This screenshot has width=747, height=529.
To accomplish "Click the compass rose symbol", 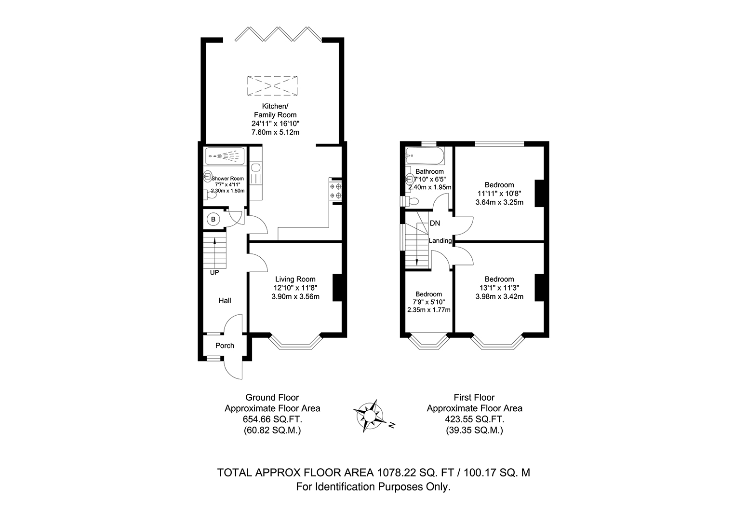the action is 369,416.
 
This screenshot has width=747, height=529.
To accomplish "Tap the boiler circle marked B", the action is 213,220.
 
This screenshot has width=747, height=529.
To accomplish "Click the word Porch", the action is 225,346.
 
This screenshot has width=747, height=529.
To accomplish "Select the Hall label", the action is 225,301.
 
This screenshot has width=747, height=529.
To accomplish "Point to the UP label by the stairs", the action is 214,273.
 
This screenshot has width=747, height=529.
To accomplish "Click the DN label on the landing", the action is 435,223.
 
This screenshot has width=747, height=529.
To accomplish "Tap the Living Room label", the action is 295,279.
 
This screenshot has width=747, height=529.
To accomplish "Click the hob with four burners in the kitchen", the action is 335,190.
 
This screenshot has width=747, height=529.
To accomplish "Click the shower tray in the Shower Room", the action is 225,156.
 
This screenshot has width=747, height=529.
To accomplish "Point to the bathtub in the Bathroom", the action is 425,156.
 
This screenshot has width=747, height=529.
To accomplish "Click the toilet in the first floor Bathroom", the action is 410,201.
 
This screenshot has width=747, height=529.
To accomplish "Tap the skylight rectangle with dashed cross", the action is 272,86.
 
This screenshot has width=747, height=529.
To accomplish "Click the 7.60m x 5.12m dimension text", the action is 276,132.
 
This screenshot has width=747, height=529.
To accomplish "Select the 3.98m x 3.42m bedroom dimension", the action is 499,296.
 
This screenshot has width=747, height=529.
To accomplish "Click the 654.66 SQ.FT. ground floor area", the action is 272,419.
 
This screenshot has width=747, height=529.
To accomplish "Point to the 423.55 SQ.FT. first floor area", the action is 475,419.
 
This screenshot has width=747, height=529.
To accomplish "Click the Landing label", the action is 440,240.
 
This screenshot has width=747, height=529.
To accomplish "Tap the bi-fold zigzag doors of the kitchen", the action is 279,34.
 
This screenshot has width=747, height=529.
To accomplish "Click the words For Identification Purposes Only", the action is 373,487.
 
